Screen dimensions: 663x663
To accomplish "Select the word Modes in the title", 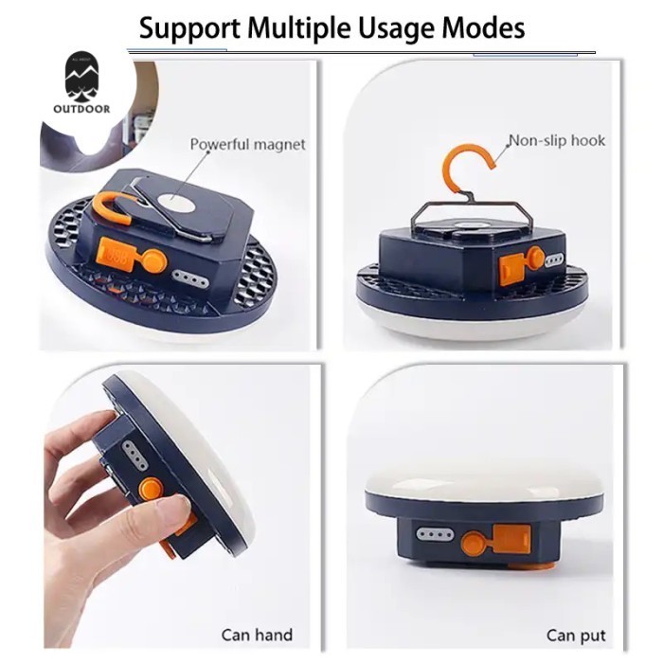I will click(484, 27).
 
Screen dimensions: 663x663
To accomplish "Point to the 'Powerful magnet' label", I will click(247, 144).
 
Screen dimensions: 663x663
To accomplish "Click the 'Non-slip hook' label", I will click(556, 141).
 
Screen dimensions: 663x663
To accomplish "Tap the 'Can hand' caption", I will click(257, 635).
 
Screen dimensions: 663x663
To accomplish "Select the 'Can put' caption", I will click(576, 635).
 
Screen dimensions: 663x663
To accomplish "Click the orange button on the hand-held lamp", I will click(149, 490).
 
